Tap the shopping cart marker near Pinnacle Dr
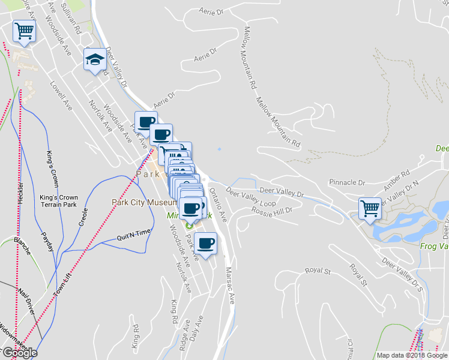coord(369,209)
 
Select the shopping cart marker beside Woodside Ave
coord(24,31)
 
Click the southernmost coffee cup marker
coord(205,244)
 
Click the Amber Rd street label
coord(397,178)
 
